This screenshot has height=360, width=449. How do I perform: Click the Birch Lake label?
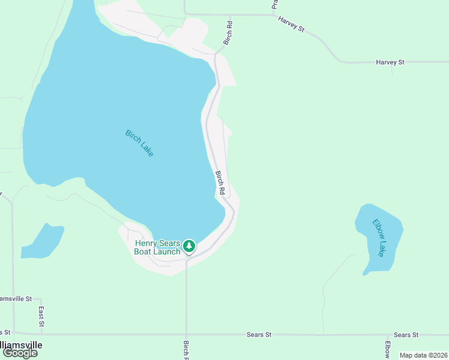(x=140, y=143)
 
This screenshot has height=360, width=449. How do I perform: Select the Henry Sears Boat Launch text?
(x=157, y=247)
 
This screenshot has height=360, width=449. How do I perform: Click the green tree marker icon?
(x=189, y=246)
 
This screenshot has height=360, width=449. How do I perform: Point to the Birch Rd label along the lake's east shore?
(x=220, y=183)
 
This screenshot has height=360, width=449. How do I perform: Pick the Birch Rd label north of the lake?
(x=228, y=33)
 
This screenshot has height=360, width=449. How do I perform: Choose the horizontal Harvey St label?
(x=390, y=62)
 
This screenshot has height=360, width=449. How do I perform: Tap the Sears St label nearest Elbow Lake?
(x=406, y=334)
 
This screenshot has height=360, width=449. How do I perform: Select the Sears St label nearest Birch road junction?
(x=259, y=334)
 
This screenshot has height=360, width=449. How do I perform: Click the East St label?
(x=41, y=316)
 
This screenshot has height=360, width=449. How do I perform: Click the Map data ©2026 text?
(x=423, y=355)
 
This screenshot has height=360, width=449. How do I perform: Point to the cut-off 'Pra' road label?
(x=274, y=4)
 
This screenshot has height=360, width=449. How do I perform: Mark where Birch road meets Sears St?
(x=186, y=334)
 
